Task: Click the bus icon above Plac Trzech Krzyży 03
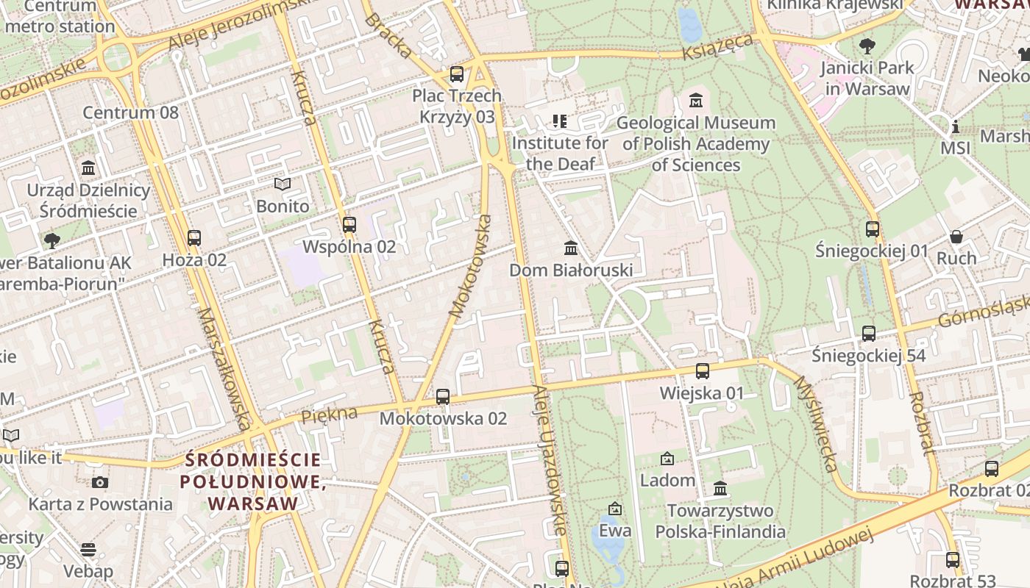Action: (457, 74)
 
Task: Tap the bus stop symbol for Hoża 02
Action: (194, 238)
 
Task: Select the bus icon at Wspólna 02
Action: (349, 225)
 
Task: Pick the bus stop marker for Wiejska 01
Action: (703, 371)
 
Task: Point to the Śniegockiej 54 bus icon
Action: (869, 334)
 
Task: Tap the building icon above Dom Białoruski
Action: (571, 248)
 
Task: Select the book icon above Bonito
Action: (283, 184)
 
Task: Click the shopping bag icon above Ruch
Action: (956, 237)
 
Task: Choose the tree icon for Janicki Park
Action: (867, 46)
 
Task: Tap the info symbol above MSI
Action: (956, 126)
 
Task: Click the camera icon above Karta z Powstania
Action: (100, 483)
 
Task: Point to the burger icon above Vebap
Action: (88, 550)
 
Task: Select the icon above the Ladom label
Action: (667, 459)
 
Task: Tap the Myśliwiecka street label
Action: (816, 425)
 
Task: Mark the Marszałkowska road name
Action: (224, 367)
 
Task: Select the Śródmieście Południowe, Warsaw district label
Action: (253, 482)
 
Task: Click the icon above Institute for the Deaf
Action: (560, 121)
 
